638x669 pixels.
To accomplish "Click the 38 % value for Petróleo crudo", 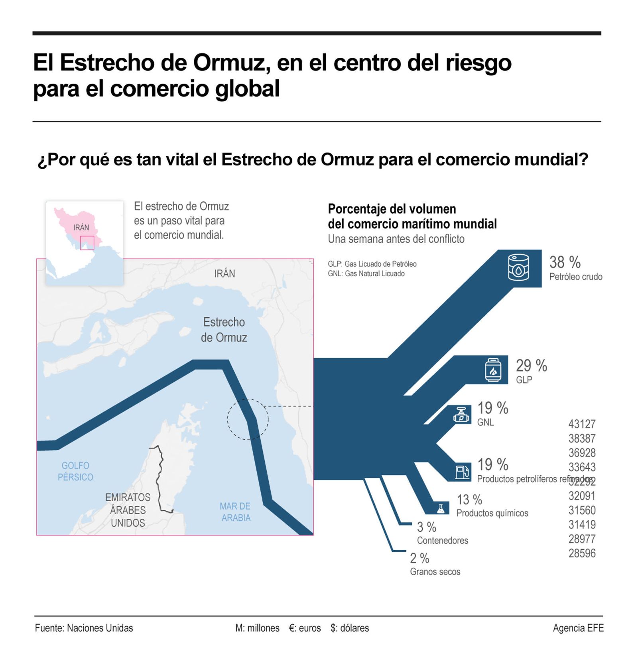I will pos(564,262).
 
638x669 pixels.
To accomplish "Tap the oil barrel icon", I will pos(518,268).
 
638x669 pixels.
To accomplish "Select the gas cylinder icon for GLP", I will pos(493,370).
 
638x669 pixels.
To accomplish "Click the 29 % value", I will pos(531,365).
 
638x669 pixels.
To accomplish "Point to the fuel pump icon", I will pos(462,472).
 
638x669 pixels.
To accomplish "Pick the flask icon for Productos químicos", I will pos(440,508).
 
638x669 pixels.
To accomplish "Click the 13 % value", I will pos(469,500).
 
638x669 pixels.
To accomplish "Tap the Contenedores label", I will pos(442,540).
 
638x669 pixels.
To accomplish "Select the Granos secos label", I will pos(435,571).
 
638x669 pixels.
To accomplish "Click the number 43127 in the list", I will pos(581,424).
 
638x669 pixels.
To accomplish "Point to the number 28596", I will pos(581,553).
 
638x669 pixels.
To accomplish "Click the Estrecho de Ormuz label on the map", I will pos(224,330).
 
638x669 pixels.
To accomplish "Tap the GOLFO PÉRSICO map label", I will pos(75,471).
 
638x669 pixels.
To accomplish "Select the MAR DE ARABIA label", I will pos(235,512).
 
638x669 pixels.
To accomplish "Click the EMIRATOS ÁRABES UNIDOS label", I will pos(128,510).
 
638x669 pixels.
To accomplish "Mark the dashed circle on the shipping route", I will pos(248,419).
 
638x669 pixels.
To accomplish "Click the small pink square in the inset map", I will pos(87,243).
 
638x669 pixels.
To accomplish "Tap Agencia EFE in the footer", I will pos(578,628).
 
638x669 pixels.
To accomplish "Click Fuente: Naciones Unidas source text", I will pos(84,628).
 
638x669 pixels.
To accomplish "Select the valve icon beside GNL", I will pos(461,415).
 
